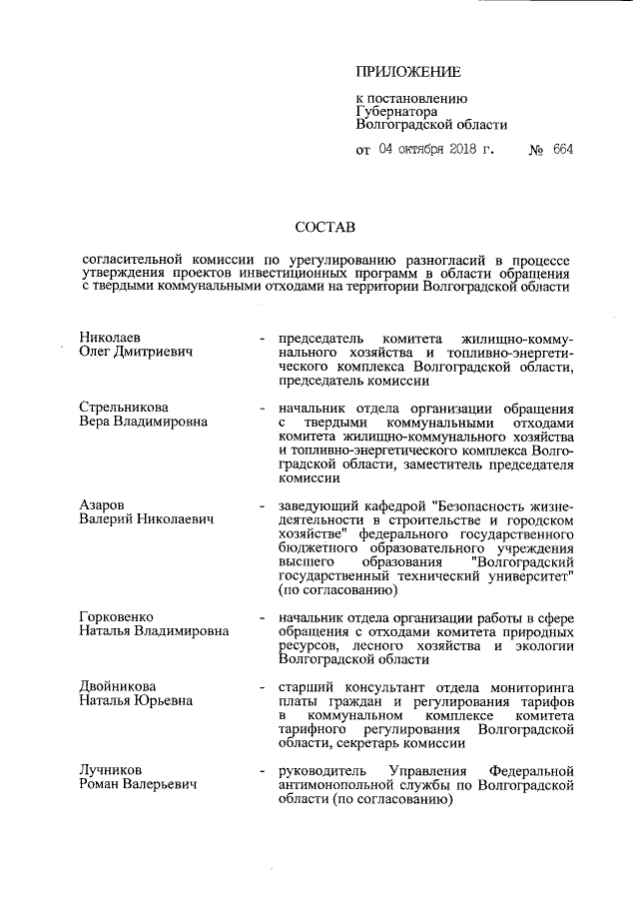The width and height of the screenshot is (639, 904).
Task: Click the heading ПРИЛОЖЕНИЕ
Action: (x=408, y=72)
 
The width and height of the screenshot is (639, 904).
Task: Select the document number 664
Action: (x=562, y=150)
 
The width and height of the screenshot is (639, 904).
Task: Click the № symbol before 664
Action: (x=534, y=150)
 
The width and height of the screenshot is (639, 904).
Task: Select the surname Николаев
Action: (x=112, y=338)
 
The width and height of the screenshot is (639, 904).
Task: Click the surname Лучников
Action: (x=110, y=771)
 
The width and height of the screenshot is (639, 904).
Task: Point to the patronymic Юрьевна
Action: (x=166, y=702)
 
